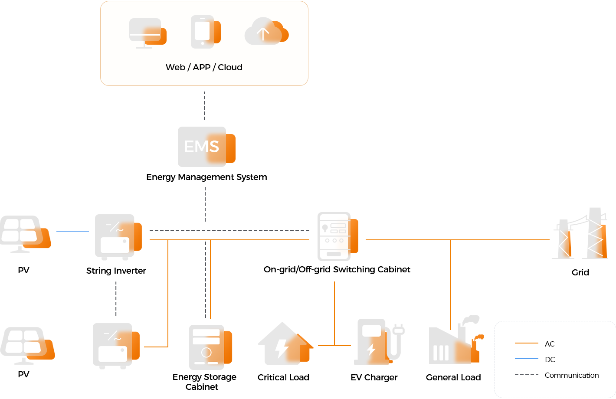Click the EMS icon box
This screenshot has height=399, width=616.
[x=206, y=147]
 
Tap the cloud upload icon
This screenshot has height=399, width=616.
[x=266, y=31]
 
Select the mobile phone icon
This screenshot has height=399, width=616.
[x=206, y=32]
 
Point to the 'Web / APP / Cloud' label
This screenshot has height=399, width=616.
[x=204, y=67]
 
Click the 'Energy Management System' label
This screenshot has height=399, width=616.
[x=206, y=177]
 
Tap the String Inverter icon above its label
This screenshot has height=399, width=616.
[x=118, y=237]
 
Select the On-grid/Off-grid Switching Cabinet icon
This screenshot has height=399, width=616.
[x=337, y=236]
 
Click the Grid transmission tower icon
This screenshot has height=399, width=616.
[x=580, y=233]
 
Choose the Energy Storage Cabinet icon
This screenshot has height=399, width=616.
[x=211, y=347]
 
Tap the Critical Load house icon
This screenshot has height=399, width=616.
[x=286, y=343]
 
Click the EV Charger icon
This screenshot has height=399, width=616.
[x=379, y=342]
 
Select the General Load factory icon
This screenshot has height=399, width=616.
[x=456, y=340]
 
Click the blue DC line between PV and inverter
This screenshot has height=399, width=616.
[x=72, y=231]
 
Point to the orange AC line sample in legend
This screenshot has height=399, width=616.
[x=526, y=343]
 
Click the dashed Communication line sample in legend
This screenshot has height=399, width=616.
[x=526, y=374]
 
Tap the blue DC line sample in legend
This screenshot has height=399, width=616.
[x=526, y=359]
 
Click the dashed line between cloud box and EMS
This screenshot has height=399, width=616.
[x=204, y=106]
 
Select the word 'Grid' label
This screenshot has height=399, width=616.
[x=580, y=272]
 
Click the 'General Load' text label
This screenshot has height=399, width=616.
[x=453, y=377]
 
